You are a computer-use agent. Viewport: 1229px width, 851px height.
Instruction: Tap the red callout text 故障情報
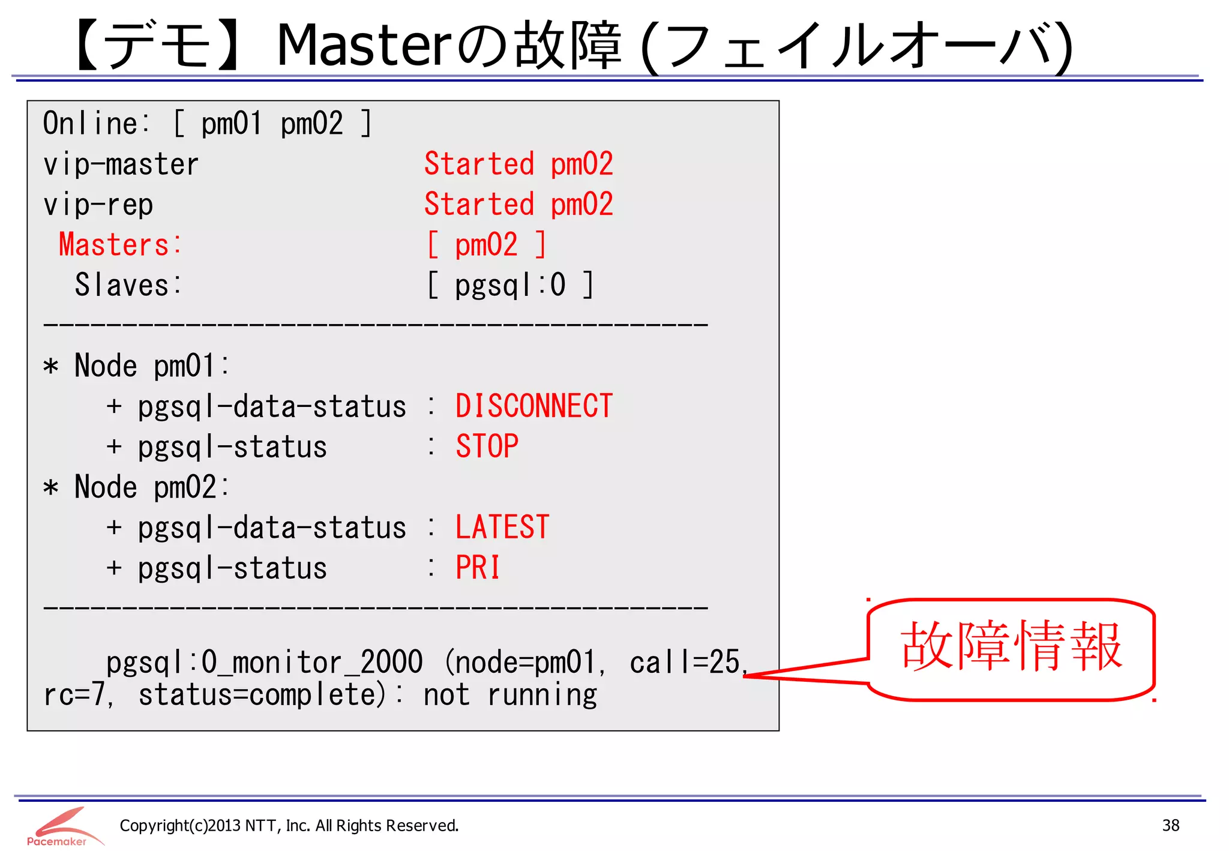click(x=1011, y=647)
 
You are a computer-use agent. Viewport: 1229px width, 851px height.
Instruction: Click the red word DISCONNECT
click(x=533, y=406)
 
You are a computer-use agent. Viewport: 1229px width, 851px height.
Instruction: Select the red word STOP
click(x=487, y=447)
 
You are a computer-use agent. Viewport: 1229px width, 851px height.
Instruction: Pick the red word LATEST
click(x=502, y=528)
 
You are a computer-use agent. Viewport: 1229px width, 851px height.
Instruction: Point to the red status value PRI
click(x=478, y=568)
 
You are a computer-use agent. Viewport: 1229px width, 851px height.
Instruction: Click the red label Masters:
click(x=120, y=245)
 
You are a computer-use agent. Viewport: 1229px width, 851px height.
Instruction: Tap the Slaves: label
click(x=127, y=285)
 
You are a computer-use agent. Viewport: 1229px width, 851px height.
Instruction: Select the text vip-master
click(x=121, y=164)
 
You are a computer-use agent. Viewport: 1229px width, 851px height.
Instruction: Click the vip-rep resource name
click(x=98, y=205)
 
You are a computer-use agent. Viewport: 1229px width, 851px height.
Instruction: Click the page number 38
click(x=1170, y=826)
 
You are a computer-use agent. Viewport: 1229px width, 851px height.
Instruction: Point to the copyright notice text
click(x=289, y=826)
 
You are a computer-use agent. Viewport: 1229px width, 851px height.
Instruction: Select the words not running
click(x=510, y=695)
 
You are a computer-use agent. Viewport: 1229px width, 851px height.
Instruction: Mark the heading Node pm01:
click(x=151, y=366)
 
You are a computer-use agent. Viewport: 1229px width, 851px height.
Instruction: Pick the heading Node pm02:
click(x=151, y=487)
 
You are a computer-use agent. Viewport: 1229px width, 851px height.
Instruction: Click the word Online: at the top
click(x=96, y=124)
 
